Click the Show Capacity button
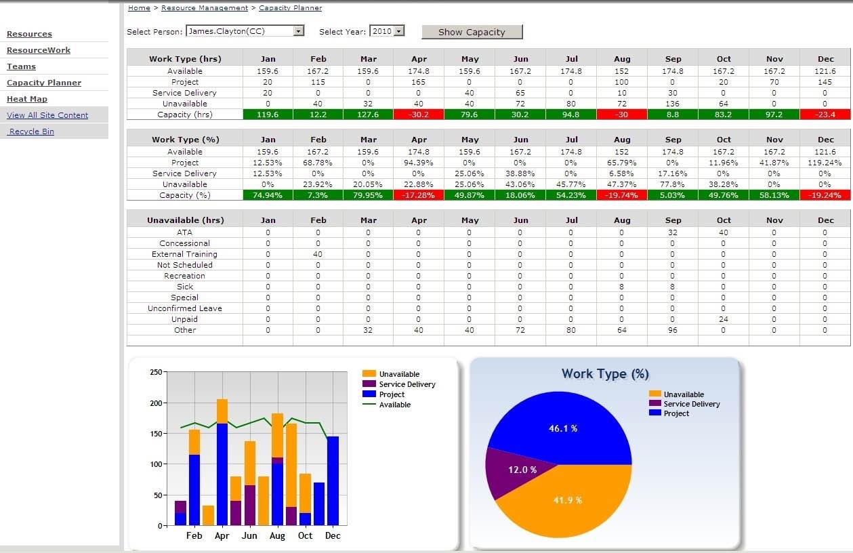472,32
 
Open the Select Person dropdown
298,31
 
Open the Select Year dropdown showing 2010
398,31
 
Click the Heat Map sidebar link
27,99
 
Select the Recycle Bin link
31,131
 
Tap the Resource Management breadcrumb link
205,8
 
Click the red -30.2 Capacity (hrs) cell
419,115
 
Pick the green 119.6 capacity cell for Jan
268,115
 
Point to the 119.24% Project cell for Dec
825,163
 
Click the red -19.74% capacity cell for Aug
621,195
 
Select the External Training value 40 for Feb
318,254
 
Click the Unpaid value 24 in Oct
724,319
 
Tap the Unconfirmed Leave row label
184,308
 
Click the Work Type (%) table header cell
184,140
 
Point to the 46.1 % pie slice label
563,428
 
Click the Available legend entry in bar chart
394,405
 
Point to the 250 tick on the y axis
156,373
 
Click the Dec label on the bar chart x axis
333,535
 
